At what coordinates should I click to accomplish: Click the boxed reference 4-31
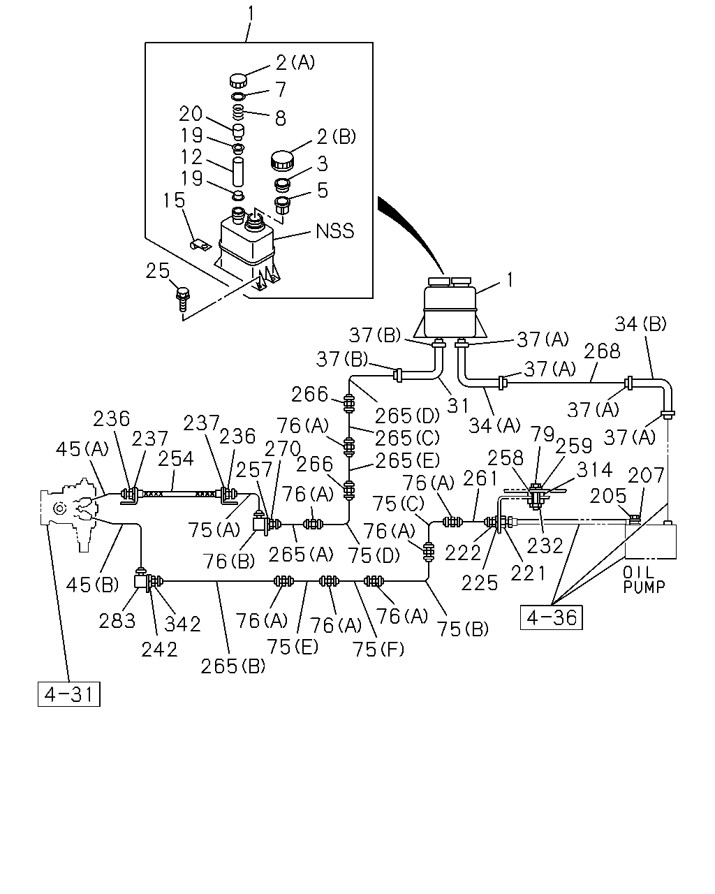coord(69,694)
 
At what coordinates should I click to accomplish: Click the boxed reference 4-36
coord(552,617)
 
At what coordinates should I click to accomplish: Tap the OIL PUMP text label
coord(644,580)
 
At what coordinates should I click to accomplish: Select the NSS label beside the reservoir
coord(335,231)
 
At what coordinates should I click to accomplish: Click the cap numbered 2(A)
coord(238,80)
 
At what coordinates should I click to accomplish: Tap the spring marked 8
coord(238,111)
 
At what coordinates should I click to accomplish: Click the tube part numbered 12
coord(237,172)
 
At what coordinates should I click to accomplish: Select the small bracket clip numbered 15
coord(200,244)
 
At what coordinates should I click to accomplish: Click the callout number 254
coord(176,459)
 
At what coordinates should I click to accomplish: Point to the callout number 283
coord(117,621)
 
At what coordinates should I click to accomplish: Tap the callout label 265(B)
coord(233,667)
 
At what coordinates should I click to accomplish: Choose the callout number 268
coord(602,351)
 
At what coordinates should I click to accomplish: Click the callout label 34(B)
coord(640,324)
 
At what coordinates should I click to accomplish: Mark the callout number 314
coord(594,470)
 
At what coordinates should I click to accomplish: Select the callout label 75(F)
coord(378,649)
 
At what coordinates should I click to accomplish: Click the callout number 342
coord(182,624)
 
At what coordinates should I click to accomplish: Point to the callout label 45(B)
coord(92,585)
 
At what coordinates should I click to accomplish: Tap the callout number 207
coord(646,475)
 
